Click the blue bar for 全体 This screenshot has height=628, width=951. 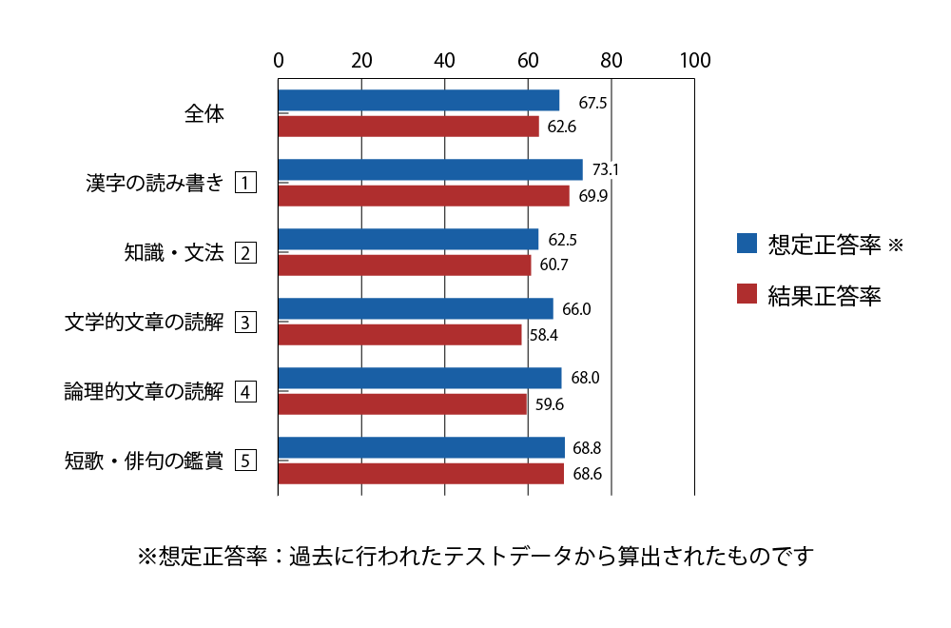pos(419,100)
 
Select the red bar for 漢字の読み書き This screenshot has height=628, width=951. pos(424,196)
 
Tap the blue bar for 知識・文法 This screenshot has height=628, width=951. pos(409,239)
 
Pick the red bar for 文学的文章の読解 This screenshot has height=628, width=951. pos(400,335)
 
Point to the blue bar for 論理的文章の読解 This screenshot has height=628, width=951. pos(420,378)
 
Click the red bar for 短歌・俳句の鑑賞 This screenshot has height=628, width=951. pos(421,474)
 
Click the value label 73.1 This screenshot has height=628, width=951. pos(605,169)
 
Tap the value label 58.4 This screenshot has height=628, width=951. pos(543,335)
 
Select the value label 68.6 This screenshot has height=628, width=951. pos(587,474)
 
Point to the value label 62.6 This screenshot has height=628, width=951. pos(562,127)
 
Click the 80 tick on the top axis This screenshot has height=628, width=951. pos(611,60)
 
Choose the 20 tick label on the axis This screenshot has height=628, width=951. pos(361,60)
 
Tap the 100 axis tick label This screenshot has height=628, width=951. pos(695,60)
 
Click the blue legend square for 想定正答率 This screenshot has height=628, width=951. pos(747,244)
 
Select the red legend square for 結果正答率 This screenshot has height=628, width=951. pos(747,294)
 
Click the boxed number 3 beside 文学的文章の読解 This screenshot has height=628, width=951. pos(245,323)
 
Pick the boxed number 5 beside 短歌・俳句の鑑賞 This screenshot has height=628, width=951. pos(245,461)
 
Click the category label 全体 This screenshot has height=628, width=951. pos(204,113)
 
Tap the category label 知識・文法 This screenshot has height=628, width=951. pos(174,252)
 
